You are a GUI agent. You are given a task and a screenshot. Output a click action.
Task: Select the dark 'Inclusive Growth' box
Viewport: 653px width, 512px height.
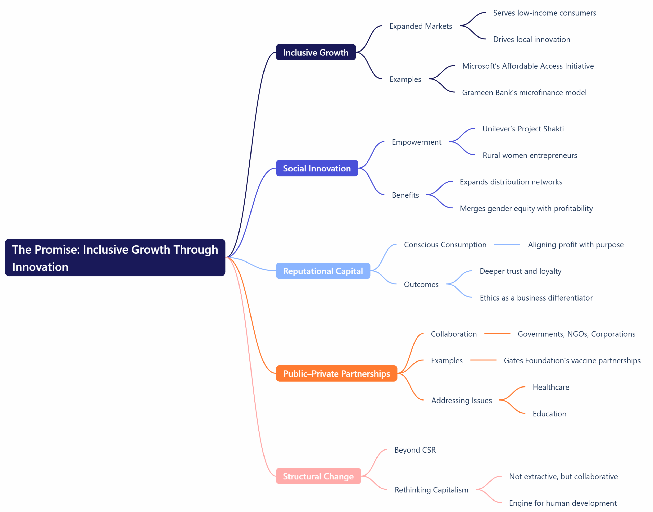pyautogui.click(x=316, y=53)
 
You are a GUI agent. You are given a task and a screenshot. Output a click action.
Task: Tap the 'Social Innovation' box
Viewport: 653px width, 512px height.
pyautogui.click(x=317, y=168)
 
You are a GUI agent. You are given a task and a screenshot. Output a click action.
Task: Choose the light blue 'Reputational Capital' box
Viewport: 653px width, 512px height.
pyautogui.click(x=323, y=271)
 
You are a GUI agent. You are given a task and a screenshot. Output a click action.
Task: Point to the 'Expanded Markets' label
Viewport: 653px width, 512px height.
pyautogui.click(x=420, y=26)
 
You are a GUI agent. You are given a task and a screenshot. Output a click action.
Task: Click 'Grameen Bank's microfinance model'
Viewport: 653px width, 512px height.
pyautogui.click(x=524, y=92)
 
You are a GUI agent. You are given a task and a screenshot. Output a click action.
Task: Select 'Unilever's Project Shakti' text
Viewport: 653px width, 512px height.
pyautogui.click(x=523, y=129)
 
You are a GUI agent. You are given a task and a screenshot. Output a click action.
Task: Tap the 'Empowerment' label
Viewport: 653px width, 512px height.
pyautogui.click(x=416, y=142)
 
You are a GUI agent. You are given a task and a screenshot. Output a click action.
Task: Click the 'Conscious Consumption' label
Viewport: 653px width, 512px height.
pyautogui.click(x=445, y=245)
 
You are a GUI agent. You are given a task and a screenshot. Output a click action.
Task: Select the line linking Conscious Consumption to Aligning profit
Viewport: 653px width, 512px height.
pyautogui.click(x=507, y=244)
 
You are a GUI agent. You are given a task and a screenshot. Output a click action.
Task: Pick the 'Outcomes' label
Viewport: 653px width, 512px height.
pyautogui.click(x=421, y=284)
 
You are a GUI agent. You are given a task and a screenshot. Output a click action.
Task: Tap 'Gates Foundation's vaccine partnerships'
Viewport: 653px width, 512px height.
pyautogui.click(x=572, y=361)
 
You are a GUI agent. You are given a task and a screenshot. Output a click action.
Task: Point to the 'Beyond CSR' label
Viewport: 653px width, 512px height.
pyautogui.click(x=415, y=450)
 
